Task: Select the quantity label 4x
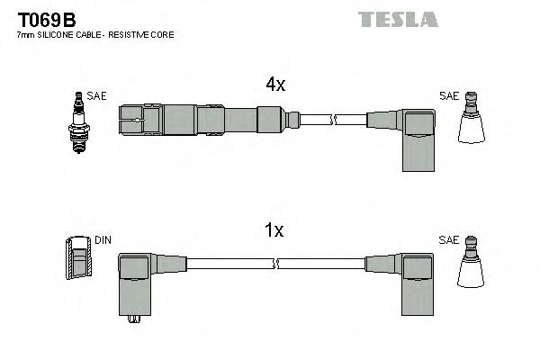(274, 85)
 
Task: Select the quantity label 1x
(274, 230)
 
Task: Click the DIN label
(103, 241)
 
